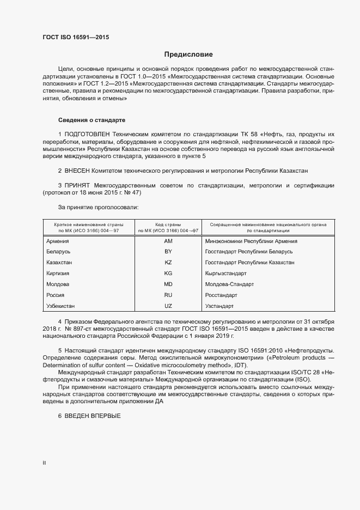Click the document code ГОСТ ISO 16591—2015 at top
tap(76, 37)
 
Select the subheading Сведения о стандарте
tap(93, 119)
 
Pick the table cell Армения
tap(58, 241)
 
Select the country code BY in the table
tap(168, 252)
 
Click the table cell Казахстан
tap(60, 263)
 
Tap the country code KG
tap(168, 273)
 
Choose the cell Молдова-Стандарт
tap(229, 284)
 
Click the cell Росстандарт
tap(221, 295)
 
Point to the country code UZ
tap(168, 306)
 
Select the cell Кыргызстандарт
tap(226, 273)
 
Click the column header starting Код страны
tap(168, 227)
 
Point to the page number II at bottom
tap(44, 463)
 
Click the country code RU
tap(168, 295)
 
